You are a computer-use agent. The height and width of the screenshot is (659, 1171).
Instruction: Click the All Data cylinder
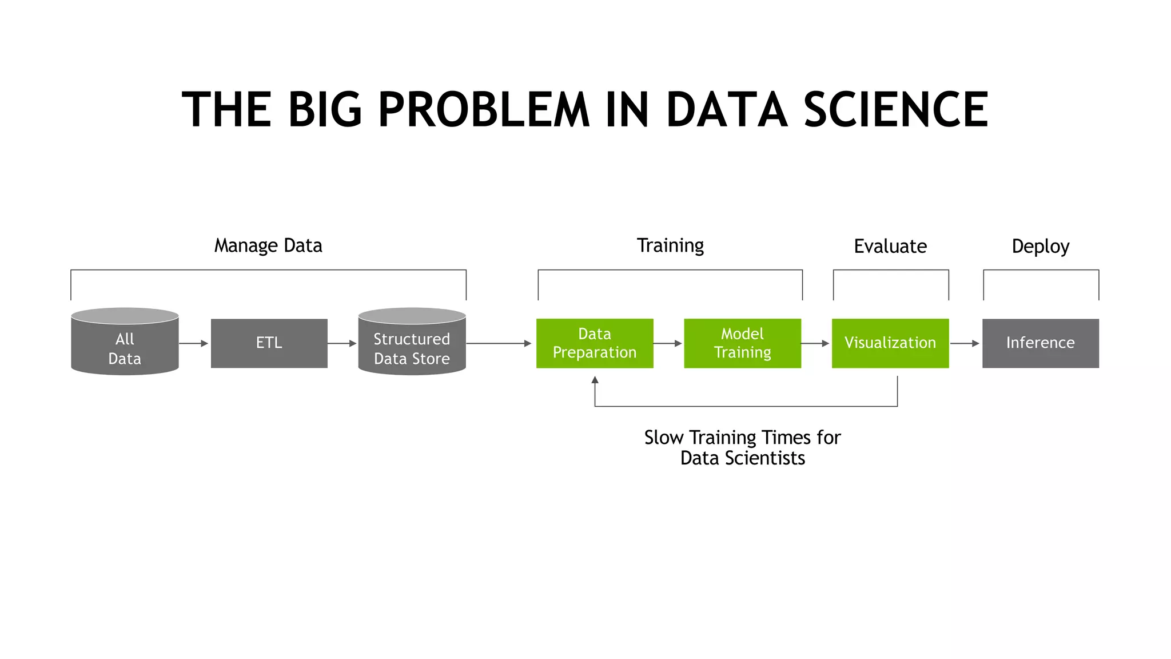pyautogui.click(x=125, y=343)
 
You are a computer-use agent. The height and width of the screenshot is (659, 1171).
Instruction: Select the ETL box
pyautogui.click(x=269, y=343)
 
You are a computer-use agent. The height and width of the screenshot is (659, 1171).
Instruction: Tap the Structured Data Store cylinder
pyautogui.click(x=412, y=343)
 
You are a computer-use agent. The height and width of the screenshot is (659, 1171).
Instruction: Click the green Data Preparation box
pyautogui.click(x=595, y=343)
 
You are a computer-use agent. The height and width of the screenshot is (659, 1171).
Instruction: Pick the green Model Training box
pyautogui.click(x=742, y=343)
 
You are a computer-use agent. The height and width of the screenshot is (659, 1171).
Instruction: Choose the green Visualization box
pyautogui.click(x=890, y=343)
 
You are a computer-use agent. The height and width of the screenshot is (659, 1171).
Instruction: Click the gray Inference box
pyautogui.click(x=1041, y=343)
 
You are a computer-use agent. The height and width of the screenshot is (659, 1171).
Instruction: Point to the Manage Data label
pyautogui.click(x=268, y=245)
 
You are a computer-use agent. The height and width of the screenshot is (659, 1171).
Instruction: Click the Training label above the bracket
pyautogui.click(x=670, y=245)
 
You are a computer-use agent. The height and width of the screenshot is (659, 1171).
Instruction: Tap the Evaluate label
pyautogui.click(x=890, y=247)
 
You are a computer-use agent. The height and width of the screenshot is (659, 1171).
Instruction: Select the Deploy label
pyautogui.click(x=1041, y=247)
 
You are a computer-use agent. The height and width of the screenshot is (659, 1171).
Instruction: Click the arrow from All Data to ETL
pyautogui.click(x=194, y=343)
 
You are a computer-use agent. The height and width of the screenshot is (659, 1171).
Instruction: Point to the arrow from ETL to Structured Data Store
pyautogui.click(x=342, y=343)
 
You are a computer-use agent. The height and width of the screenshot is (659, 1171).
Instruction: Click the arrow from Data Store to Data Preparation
pyautogui.click(x=499, y=343)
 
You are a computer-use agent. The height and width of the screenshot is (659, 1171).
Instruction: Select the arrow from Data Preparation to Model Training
pyautogui.click(x=668, y=343)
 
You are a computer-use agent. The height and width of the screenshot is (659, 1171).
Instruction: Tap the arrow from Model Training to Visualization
pyautogui.click(x=815, y=343)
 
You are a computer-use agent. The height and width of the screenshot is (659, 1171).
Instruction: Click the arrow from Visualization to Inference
pyautogui.click(x=965, y=343)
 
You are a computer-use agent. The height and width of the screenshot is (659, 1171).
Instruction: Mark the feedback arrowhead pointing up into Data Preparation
pyautogui.click(x=595, y=380)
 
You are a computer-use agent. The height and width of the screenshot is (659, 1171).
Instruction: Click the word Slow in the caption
pyautogui.click(x=663, y=438)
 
